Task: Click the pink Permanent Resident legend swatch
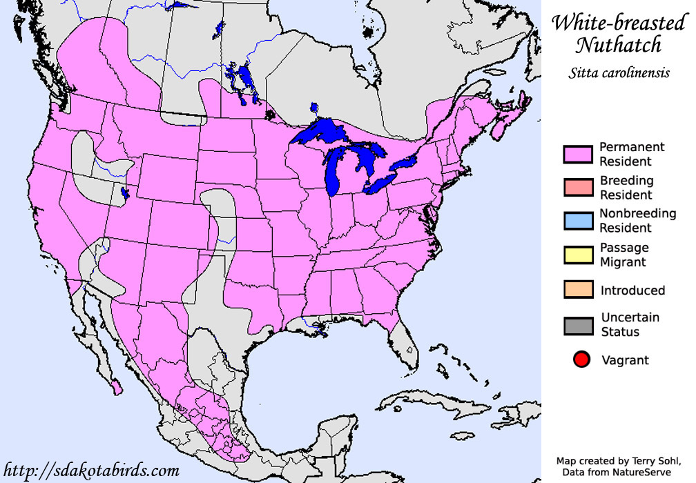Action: tap(578, 155)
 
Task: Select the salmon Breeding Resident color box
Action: tap(578, 188)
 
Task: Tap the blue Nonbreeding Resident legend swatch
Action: tap(578, 221)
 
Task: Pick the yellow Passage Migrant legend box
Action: tap(578, 255)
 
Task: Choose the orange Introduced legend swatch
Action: tap(578, 290)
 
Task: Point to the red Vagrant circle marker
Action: tap(581, 359)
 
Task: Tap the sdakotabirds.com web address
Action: tap(91, 471)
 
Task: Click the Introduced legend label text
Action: tap(632, 290)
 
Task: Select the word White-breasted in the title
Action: tap(618, 23)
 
